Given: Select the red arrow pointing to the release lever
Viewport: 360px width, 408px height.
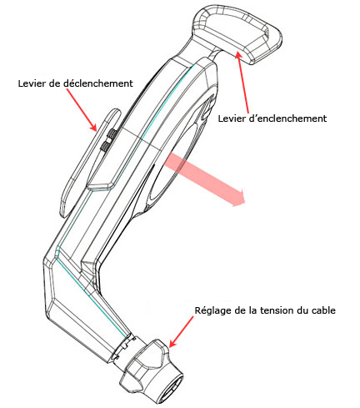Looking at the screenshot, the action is pyautogui.click(x=82, y=110).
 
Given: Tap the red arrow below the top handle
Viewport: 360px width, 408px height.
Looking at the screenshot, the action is pyautogui.click(x=242, y=82).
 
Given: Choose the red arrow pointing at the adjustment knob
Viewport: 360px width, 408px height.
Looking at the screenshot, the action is pyautogui.click(x=181, y=331).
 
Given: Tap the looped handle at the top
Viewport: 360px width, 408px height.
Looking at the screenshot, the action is pyautogui.click(x=238, y=35).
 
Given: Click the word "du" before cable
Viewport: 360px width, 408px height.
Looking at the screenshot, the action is pyautogui.click(x=302, y=310).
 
